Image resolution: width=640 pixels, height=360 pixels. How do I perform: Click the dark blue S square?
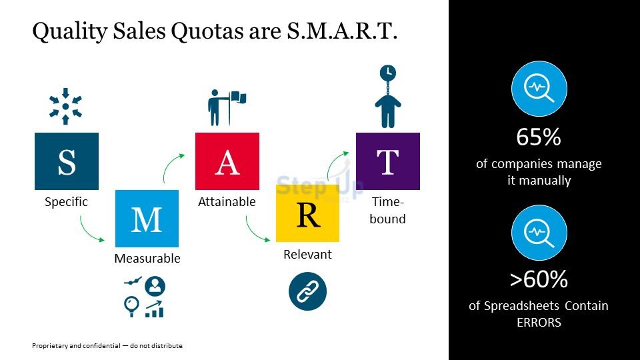(67, 161)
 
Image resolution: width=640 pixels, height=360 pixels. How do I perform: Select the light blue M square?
(147, 219)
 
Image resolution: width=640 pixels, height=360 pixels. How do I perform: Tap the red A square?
(227, 161)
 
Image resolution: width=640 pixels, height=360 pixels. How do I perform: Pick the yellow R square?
(308, 213)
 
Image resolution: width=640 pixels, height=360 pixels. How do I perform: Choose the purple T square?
(388, 161)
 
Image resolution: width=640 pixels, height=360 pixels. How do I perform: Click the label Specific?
(66, 202)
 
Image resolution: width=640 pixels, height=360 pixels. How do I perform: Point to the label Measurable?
(147, 259)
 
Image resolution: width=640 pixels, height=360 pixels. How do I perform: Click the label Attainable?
(227, 201)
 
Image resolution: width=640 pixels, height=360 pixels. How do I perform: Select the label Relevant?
(308, 254)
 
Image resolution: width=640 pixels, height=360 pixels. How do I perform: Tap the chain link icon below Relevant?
(308, 291)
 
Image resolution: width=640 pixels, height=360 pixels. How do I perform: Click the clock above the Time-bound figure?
(388, 73)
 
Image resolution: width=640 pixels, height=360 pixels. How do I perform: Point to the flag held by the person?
(239, 98)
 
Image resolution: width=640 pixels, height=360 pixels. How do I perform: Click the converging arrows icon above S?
(66, 106)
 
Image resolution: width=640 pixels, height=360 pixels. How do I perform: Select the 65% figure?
(539, 137)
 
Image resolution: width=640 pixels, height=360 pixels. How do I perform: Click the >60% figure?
(539, 279)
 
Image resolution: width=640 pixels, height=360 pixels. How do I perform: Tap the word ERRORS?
(539, 323)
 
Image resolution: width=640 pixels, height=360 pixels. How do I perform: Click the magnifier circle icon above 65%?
(539, 89)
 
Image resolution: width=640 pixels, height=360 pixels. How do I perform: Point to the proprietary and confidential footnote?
(107, 346)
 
